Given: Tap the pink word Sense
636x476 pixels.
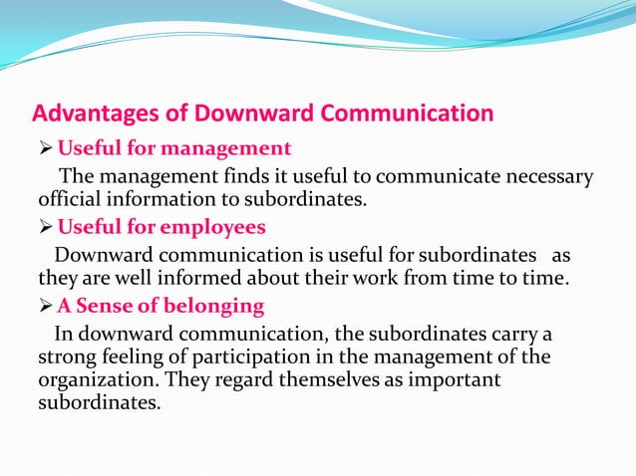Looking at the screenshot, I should point(103,305).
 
